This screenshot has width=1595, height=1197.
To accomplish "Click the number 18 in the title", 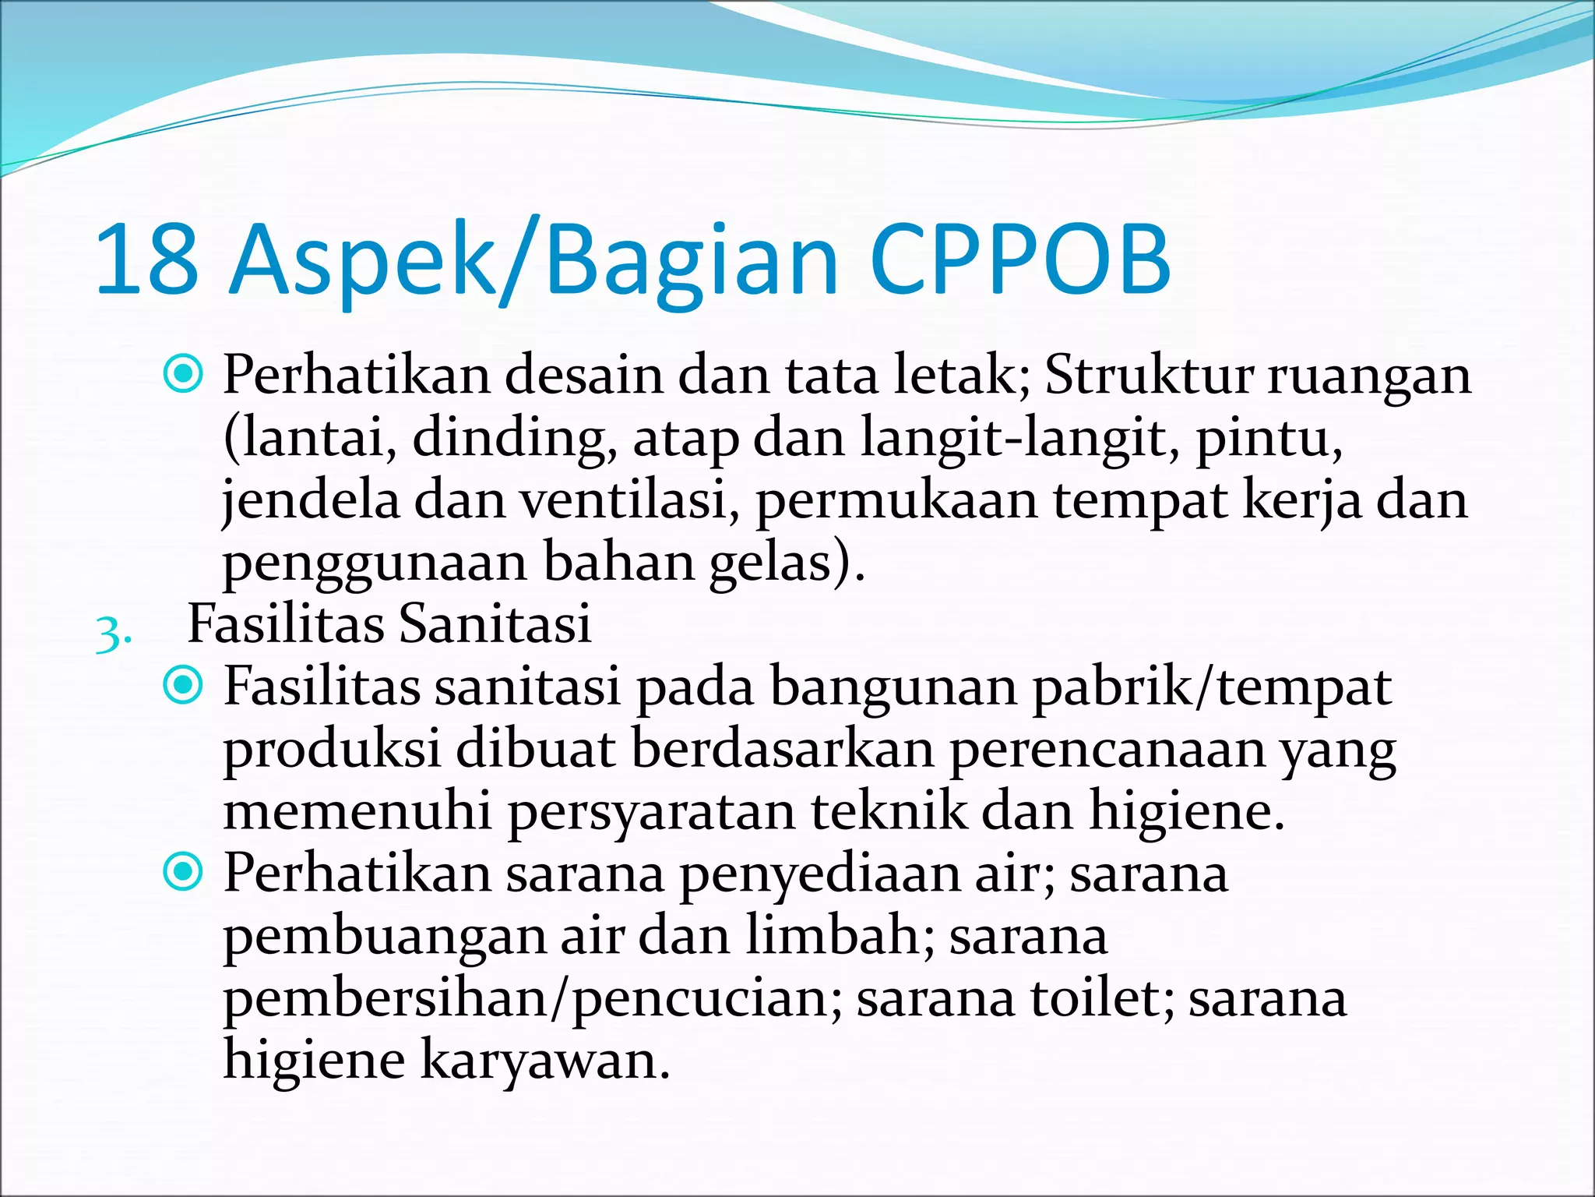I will point(146,259).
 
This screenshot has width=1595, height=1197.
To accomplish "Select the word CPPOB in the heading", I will point(1020,259).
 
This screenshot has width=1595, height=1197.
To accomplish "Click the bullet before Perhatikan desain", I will point(184,375).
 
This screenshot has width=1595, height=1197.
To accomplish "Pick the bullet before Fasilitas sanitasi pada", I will point(184,686).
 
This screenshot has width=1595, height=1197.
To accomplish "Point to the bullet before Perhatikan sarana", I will point(184,872).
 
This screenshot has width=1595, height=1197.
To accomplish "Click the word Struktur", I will point(1148,375).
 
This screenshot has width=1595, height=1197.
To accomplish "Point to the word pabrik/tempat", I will point(1211,687).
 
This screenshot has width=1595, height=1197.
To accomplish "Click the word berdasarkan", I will point(782,749).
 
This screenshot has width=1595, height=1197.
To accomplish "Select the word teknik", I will point(887,811).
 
